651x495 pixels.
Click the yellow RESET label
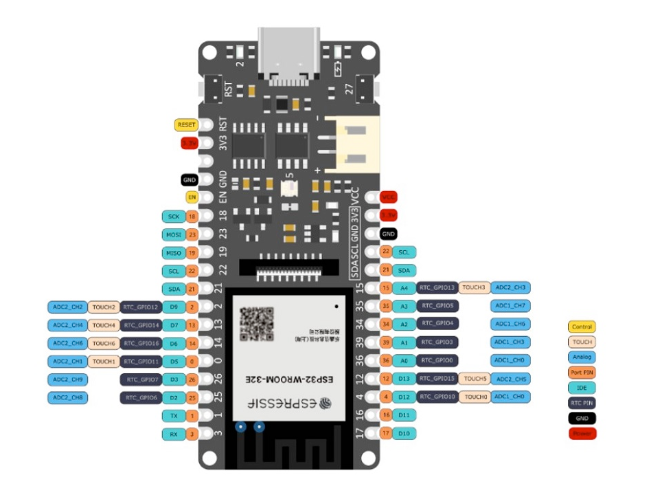click(185, 125)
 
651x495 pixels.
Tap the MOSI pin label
click(172, 234)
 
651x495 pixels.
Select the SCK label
click(172, 217)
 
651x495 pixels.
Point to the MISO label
click(172, 252)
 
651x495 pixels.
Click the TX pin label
click(172, 416)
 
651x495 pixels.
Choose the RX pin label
click(172, 434)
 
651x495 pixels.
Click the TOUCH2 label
click(103, 307)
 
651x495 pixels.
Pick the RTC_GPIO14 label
click(141, 324)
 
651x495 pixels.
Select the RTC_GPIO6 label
click(141, 397)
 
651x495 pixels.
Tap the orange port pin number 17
click(385, 433)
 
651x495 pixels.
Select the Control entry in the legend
click(582, 327)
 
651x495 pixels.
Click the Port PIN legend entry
click(582, 373)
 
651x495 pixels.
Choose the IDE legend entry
click(582, 388)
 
